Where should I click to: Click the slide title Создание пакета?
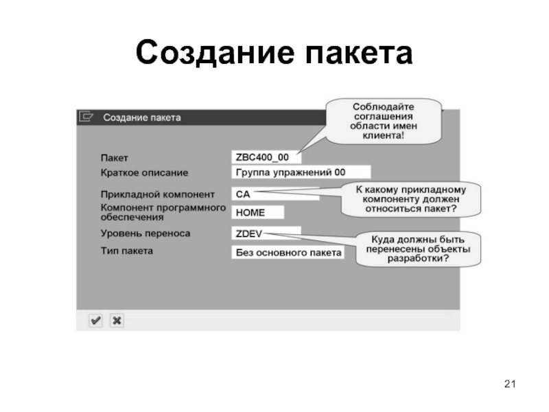[274, 53]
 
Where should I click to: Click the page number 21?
[509, 383]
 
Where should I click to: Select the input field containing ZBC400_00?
[264, 157]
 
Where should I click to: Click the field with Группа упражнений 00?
[300, 172]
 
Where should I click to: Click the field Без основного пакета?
[288, 253]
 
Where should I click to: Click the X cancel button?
[117, 320]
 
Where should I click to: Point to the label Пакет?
[115, 159]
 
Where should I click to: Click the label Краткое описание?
[144, 172]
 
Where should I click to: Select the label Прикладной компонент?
[158, 194]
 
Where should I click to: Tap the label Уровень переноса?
[145, 233]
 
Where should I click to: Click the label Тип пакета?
[127, 251]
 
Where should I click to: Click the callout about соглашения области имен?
[384, 121]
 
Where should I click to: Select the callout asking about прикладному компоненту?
[410, 198]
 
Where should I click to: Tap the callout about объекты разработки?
[418, 249]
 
